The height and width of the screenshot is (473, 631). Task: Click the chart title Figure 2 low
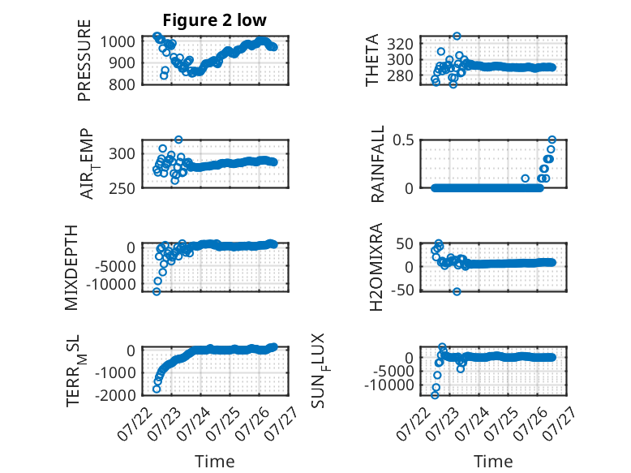214,20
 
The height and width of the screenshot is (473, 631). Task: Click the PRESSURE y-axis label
84,60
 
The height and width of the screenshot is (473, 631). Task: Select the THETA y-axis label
372,60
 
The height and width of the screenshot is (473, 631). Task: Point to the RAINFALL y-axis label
378,164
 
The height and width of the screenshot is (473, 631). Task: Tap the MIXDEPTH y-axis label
71,268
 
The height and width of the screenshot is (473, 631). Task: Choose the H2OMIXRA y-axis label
376,267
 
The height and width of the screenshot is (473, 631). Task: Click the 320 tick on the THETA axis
400,44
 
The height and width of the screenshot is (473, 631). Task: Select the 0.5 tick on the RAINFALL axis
403,140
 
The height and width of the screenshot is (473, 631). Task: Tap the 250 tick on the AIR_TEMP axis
122,188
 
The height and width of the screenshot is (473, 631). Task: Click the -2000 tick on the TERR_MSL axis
115,395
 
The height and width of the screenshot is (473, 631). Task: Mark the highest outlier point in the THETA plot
457,36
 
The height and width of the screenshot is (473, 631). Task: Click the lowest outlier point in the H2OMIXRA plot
457,291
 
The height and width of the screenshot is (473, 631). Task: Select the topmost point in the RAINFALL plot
552,140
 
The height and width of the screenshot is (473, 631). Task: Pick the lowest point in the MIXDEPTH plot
157,291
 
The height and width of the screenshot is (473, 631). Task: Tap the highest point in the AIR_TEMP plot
178,140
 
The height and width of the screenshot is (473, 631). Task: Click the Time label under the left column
214,462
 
